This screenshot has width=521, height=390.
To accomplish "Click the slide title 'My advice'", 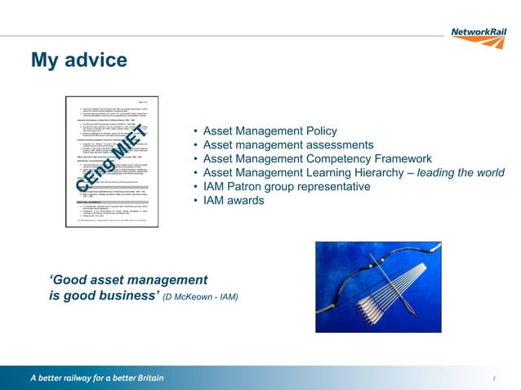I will (x=78, y=60).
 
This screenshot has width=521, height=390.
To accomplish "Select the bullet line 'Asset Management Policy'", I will (x=269, y=131).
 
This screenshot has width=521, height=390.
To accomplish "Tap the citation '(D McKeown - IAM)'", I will (x=201, y=296).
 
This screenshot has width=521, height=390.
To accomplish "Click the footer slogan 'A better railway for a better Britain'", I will (x=97, y=378).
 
